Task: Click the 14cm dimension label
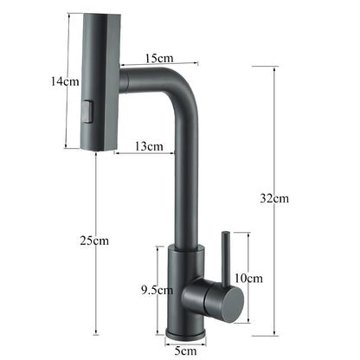coord(41,80)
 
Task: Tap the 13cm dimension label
coord(150,147)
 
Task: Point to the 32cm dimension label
coord(274,198)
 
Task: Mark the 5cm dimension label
coord(185,350)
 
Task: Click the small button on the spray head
coord(86,111)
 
